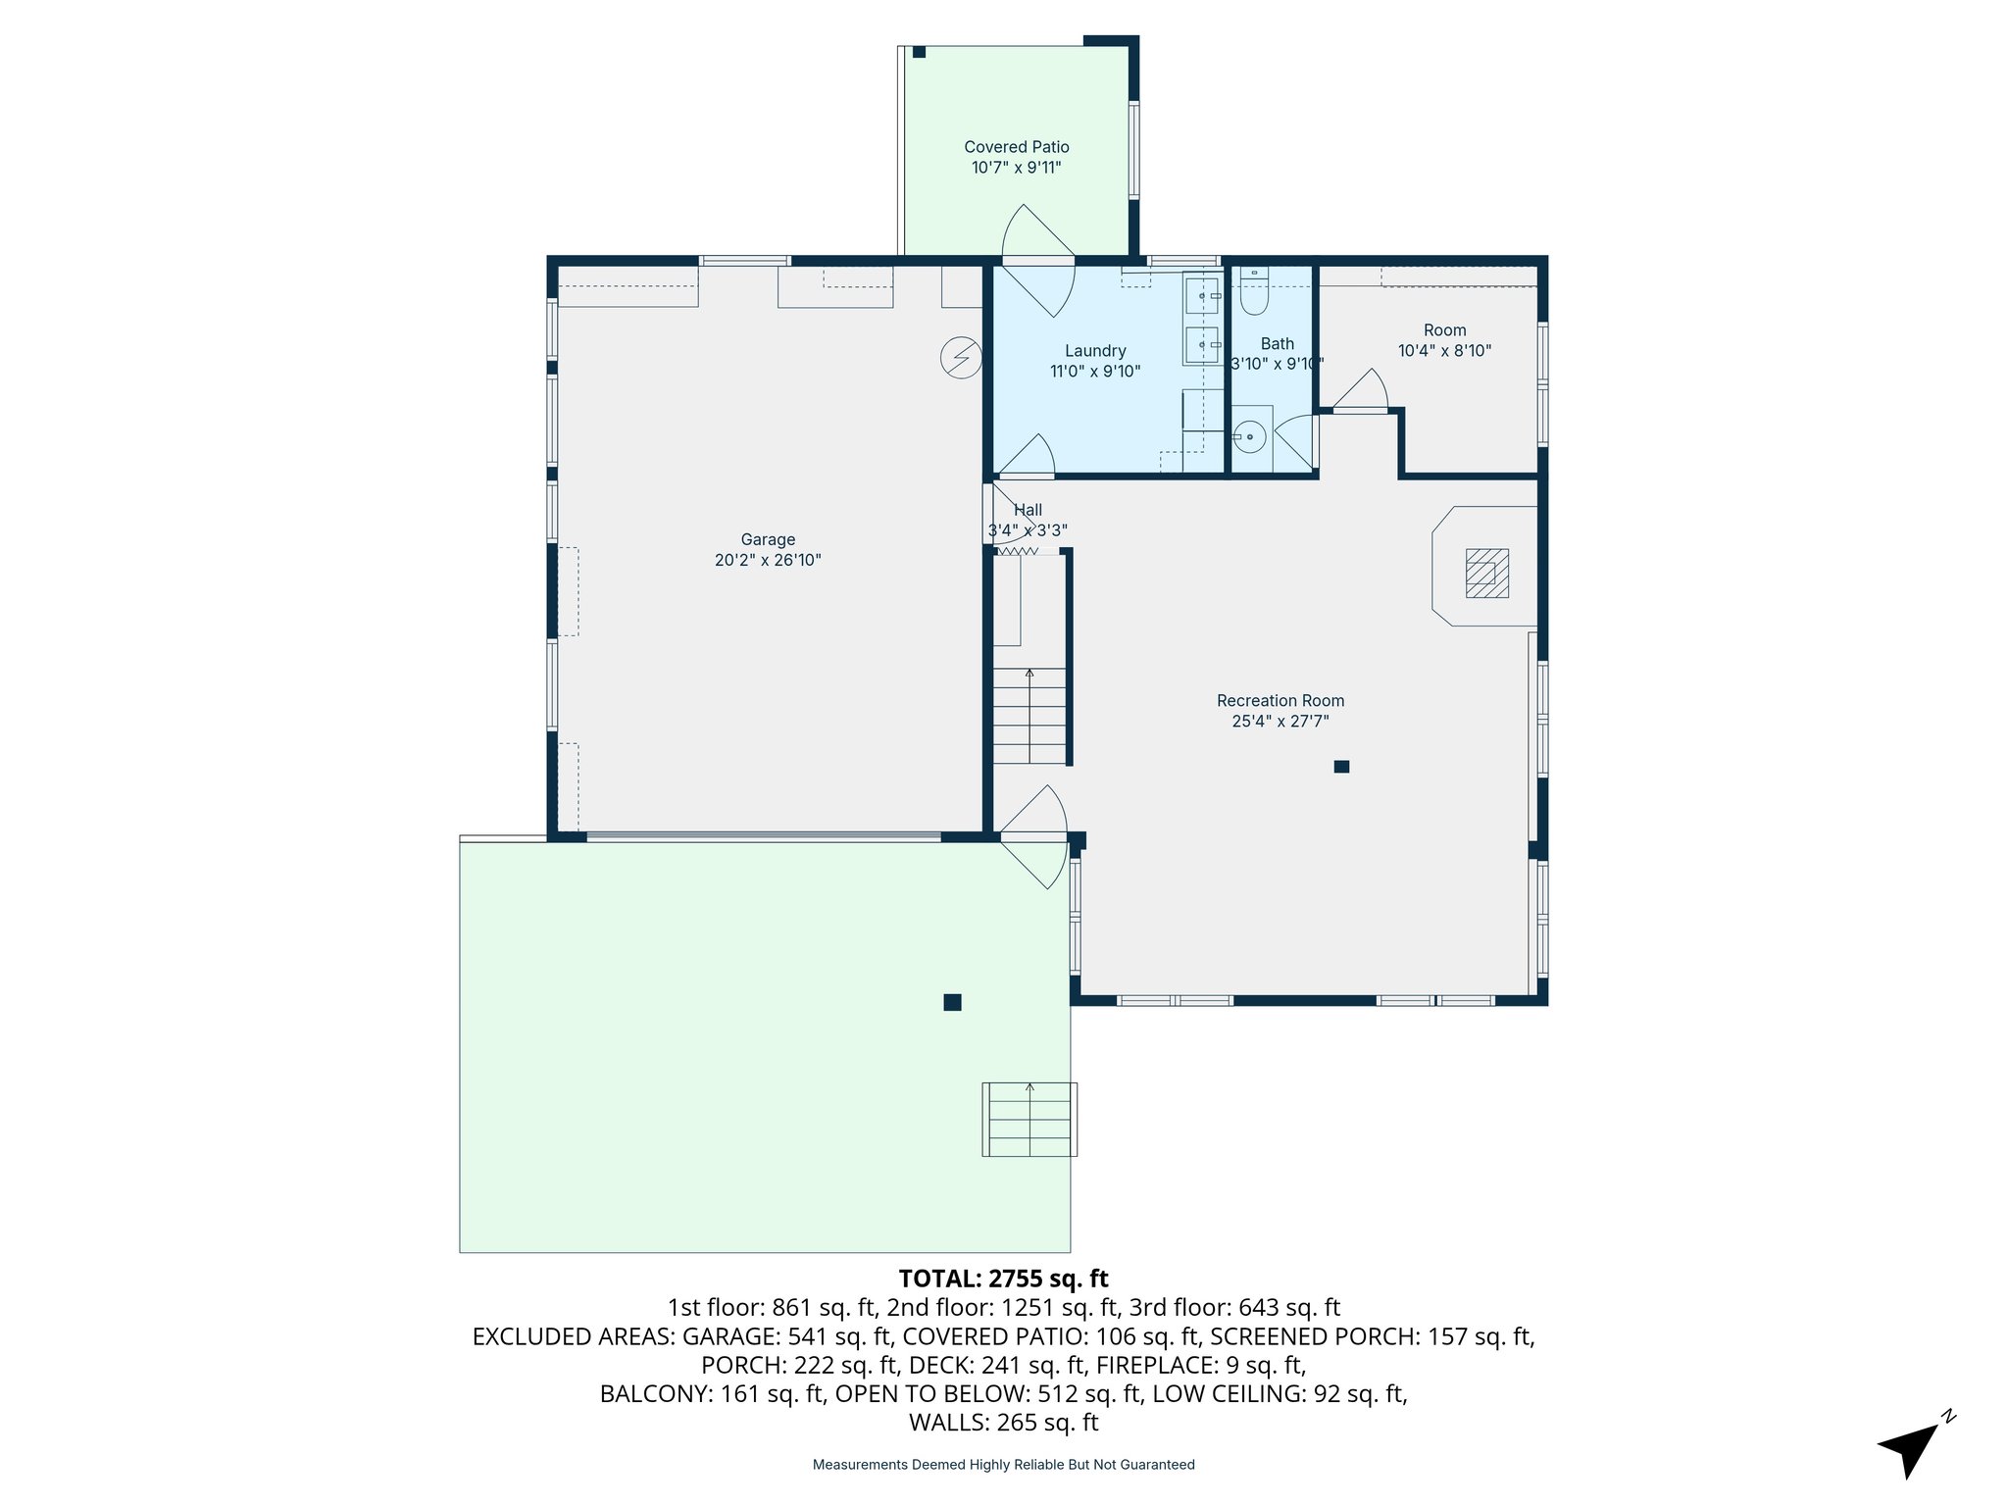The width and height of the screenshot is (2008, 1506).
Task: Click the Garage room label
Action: (x=768, y=539)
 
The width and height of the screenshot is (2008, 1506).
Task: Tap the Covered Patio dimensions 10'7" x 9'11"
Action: (x=1016, y=168)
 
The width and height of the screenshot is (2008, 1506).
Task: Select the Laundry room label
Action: (x=1095, y=351)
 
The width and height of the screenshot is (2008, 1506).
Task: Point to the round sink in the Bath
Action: (x=1249, y=436)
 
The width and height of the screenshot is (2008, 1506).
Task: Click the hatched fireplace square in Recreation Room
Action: (x=1486, y=574)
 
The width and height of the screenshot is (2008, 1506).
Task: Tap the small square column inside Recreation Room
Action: (x=1341, y=767)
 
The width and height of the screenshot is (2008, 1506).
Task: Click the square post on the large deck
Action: (x=952, y=1002)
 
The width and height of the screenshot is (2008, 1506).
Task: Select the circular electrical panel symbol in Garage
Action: (x=961, y=358)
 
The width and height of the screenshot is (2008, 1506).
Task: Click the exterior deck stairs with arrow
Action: (x=1029, y=1120)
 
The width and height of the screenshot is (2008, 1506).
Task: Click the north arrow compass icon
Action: (x=1911, y=1447)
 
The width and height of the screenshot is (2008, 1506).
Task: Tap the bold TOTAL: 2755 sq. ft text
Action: (x=1003, y=1279)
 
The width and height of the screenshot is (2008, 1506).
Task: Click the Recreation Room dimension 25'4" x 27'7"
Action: (x=1280, y=722)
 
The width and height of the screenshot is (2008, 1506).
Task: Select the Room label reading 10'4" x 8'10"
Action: (x=1444, y=351)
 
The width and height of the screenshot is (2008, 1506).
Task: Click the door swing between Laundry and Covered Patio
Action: (x=1037, y=260)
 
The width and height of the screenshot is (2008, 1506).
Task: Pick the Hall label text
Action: (x=1028, y=510)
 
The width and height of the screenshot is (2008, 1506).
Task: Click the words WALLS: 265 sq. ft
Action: (x=1003, y=1423)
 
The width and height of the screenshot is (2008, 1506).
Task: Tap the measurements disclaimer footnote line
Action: (x=1003, y=1465)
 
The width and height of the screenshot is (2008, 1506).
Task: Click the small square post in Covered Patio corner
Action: (x=919, y=52)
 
